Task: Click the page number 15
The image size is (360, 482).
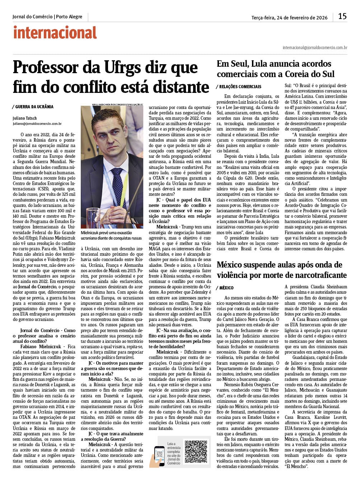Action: point(342,16)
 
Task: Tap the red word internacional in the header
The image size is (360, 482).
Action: point(55,33)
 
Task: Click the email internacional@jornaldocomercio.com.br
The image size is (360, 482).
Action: point(315,47)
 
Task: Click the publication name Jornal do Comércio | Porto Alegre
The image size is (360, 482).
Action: point(47,17)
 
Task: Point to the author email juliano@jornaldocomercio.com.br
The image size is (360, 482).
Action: point(37,124)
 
